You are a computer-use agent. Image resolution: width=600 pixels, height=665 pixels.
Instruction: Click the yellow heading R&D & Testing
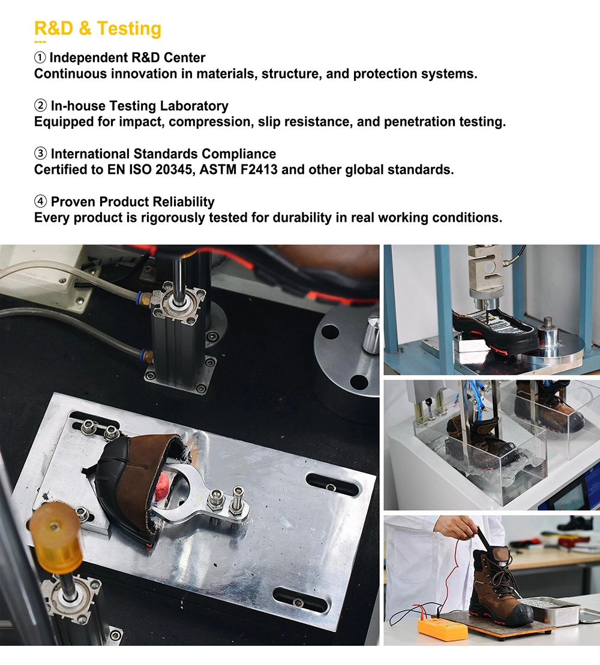pos(98,28)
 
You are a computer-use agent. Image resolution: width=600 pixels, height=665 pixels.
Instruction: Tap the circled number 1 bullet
pos(40,57)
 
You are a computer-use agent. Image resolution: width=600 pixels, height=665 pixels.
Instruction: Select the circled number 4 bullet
pos(40,201)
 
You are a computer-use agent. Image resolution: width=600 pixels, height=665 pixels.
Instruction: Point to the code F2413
pos(259,170)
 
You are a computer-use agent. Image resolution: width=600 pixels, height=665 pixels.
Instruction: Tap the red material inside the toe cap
pos(163,486)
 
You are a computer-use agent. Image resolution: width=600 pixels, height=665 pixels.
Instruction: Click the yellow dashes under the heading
pos(40,42)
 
